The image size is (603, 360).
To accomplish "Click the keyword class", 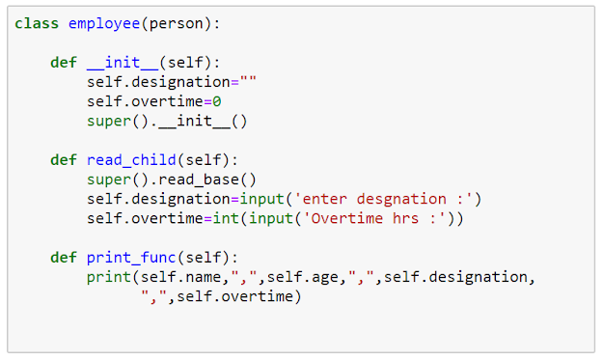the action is pos(37,23).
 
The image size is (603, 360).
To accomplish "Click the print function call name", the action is pos(109,277).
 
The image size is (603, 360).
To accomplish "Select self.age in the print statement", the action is pos(302,277).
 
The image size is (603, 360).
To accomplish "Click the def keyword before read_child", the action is pos(64,160).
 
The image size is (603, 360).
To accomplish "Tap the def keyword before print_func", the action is pos(64,258).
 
